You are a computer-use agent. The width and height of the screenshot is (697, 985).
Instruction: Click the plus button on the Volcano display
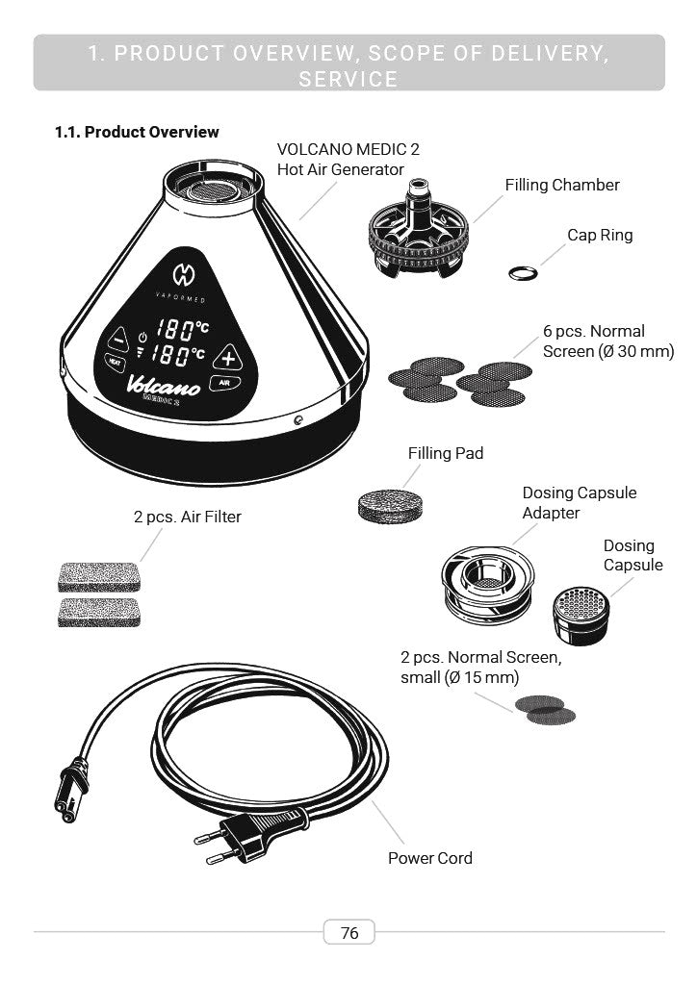pyautogui.click(x=227, y=358)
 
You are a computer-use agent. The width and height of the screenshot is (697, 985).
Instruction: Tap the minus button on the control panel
pyautogui.click(x=118, y=340)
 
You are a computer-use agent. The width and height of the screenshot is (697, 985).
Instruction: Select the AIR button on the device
pyautogui.click(x=224, y=383)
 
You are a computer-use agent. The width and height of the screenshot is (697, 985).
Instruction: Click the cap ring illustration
pyautogui.click(x=523, y=273)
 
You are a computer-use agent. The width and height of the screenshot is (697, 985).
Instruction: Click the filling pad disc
pyautogui.click(x=390, y=506)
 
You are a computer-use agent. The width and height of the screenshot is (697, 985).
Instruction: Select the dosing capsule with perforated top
pyautogui.click(x=581, y=615)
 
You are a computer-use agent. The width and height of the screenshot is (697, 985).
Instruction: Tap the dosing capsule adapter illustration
pyautogui.click(x=488, y=584)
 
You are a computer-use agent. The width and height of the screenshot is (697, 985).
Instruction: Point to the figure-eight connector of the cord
pyautogui.click(x=71, y=789)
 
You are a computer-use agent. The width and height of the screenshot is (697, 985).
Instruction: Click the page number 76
pyautogui.click(x=349, y=933)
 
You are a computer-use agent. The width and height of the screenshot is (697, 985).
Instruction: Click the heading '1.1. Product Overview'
pyautogui.click(x=137, y=132)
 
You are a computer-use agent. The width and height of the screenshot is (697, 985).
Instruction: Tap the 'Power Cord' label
pyautogui.click(x=430, y=858)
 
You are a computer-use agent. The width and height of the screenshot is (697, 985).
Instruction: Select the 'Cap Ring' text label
pyautogui.click(x=600, y=235)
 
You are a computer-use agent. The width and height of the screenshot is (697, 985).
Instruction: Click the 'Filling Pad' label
pyautogui.click(x=446, y=453)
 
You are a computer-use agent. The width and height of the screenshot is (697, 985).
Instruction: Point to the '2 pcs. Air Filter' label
pyautogui.click(x=188, y=517)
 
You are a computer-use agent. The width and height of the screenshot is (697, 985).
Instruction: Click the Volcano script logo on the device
pyautogui.click(x=163, y=385)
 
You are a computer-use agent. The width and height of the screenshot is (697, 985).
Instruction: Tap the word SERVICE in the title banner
pyautogui.click(x=348, y=79)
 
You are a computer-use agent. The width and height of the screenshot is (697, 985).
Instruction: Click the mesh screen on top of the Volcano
pyautogui.click(x=214, y=189)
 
